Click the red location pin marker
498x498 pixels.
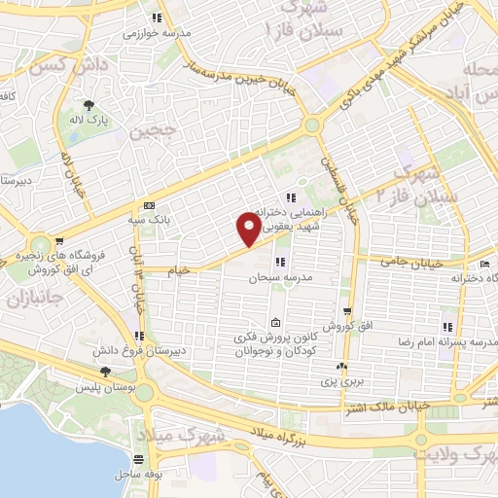[x=249, y=229]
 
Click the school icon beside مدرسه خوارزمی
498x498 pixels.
[x=156, y=17]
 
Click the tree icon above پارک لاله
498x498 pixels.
[x=89, y=106]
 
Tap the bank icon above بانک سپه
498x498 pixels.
[x=148, y=205]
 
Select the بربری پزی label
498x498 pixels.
[x=342, y=380]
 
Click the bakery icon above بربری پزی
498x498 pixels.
[x=341, y=367]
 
